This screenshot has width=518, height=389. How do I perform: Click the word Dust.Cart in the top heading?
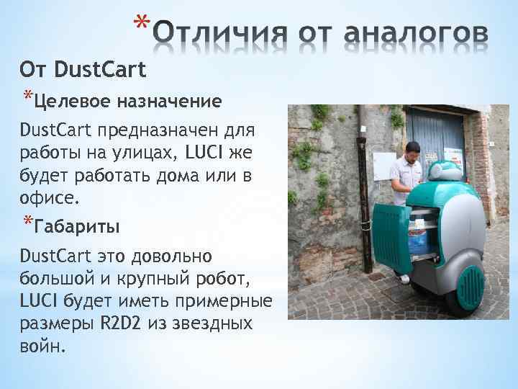point(100,70)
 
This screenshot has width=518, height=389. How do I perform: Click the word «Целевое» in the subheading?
point(69,100)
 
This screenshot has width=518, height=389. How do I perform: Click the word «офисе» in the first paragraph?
point(44,197)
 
